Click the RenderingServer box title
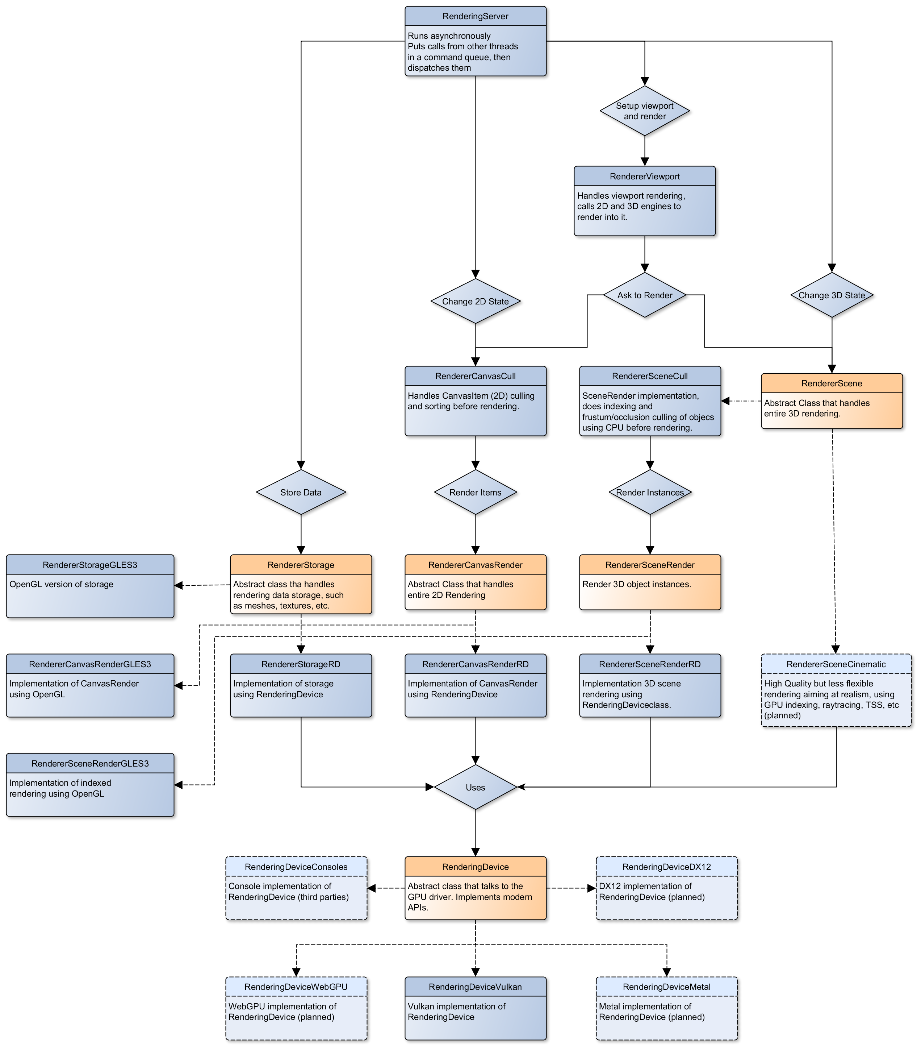475,16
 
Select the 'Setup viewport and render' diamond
644,111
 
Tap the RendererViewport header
644,177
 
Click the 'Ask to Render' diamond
644,295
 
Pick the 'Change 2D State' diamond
475,302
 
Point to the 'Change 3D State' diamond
832,295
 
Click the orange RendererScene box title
832,383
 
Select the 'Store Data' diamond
301,492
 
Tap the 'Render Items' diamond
475,492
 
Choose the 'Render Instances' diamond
649,492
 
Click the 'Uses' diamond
475,787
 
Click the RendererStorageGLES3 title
90,565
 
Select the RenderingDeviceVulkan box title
475,987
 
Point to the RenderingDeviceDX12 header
666,867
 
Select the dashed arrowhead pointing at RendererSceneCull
725,401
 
